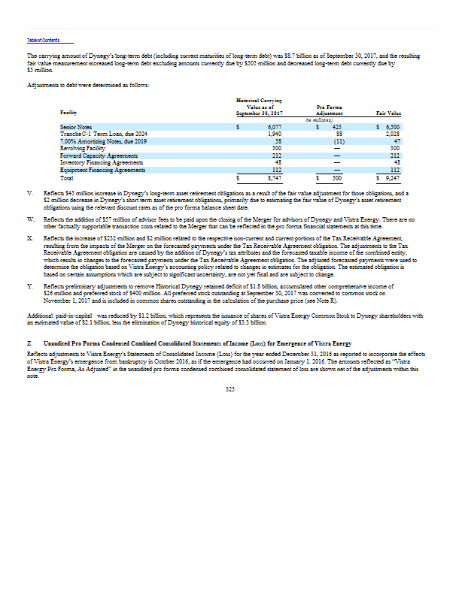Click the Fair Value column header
[387, 112]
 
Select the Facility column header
[68, 112]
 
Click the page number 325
[231, 388]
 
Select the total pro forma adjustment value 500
[338, 179]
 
